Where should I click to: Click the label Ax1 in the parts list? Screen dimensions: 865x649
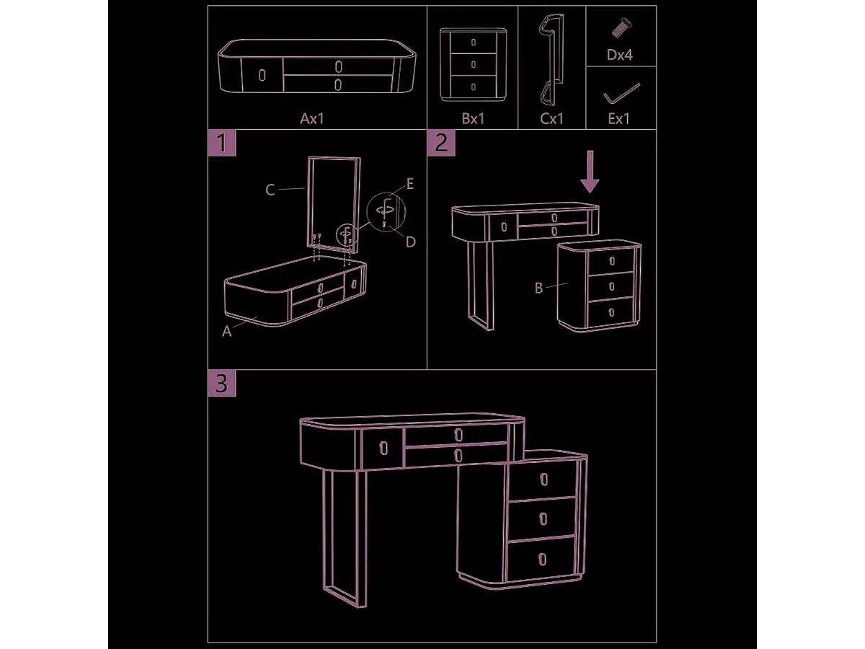coord(311,118)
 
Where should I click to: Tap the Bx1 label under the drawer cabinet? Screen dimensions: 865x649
coord(473,118)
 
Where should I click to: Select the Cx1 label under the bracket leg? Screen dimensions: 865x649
coord(551,118)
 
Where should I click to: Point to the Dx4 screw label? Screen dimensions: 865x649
coord(619,55)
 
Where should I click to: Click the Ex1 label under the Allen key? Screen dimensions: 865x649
coord(619,118)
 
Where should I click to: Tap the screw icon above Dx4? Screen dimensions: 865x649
coord(621,27)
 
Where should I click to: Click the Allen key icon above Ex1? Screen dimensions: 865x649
coord(621,94)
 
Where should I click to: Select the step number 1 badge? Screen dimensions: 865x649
coord(222,143)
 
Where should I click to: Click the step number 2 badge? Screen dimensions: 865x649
coord(441,143)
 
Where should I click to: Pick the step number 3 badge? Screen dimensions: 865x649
coord(222,383)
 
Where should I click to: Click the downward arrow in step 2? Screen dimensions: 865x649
coord(590,172)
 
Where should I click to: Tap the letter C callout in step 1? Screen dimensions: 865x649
coord(270,190)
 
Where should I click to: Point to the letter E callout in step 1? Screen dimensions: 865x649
coord(410,184)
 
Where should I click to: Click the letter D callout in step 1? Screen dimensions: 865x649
coord(411,242)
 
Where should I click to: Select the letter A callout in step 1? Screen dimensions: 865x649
coord(226,332)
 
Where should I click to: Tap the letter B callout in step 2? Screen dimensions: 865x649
coord(538,288)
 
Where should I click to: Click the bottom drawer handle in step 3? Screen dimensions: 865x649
coord(543,559)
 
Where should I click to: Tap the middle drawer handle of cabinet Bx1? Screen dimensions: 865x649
coord(474,64)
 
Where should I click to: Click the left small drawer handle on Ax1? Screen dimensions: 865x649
coord(262,75)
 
